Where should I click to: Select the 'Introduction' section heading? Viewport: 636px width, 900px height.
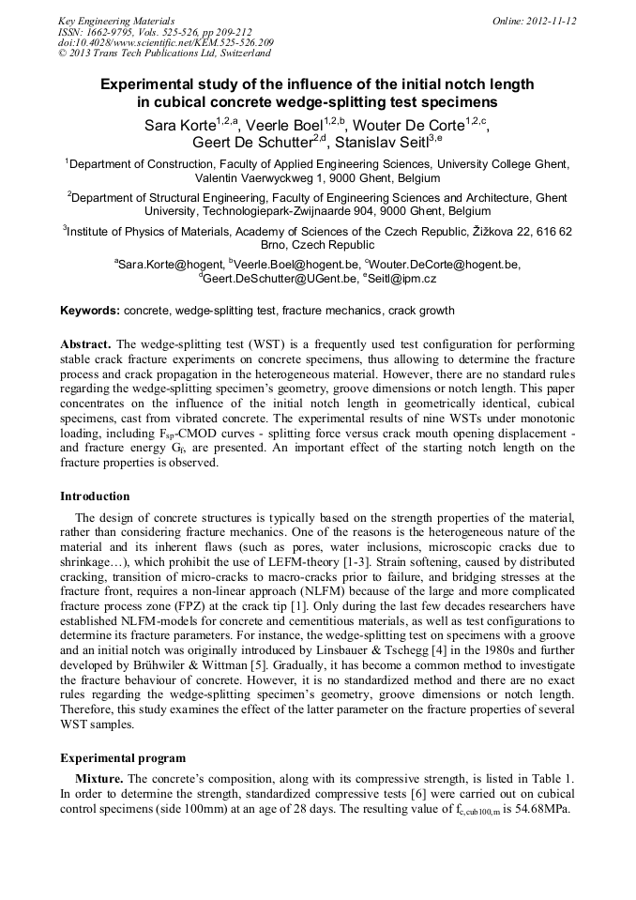coord(95,496)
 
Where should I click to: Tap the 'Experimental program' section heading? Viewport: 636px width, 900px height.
coord(123,757)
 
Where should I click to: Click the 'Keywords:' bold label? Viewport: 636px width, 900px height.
coord(90,311)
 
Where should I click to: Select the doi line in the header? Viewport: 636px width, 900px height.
coord(165,42)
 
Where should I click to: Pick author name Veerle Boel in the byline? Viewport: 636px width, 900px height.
coord(286,124)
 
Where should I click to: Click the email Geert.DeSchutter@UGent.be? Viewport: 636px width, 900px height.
coord(280,279)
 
